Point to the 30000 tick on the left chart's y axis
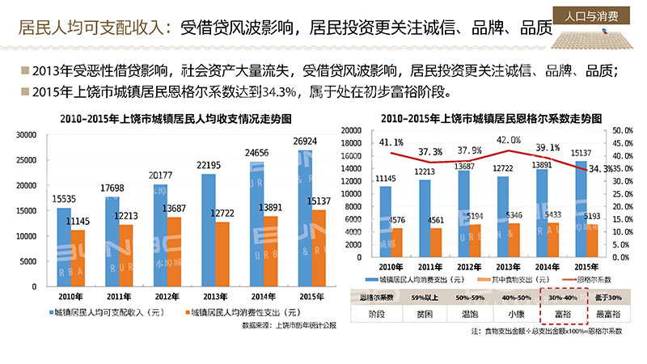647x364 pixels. click(x=27, y=136)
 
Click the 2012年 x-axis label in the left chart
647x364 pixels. click(x=150, y=295)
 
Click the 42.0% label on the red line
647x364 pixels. click(x=509, y=140)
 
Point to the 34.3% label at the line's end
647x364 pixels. click(x=599, y=169)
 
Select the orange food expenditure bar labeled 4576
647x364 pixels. click(x=397, y=243)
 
